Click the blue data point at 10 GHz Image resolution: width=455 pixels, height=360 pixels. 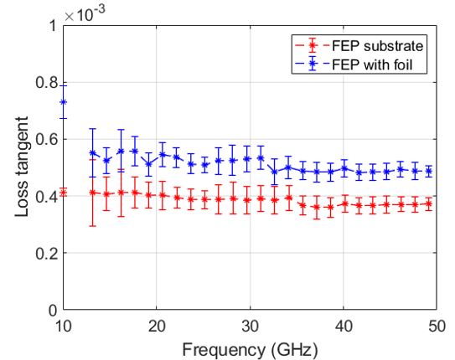(x=63, y=102)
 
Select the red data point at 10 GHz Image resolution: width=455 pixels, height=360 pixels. (x=63, y=193)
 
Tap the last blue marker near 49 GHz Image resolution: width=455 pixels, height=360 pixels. (x=428, y=171)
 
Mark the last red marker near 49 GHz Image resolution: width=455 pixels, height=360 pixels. (x=428, y=203)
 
